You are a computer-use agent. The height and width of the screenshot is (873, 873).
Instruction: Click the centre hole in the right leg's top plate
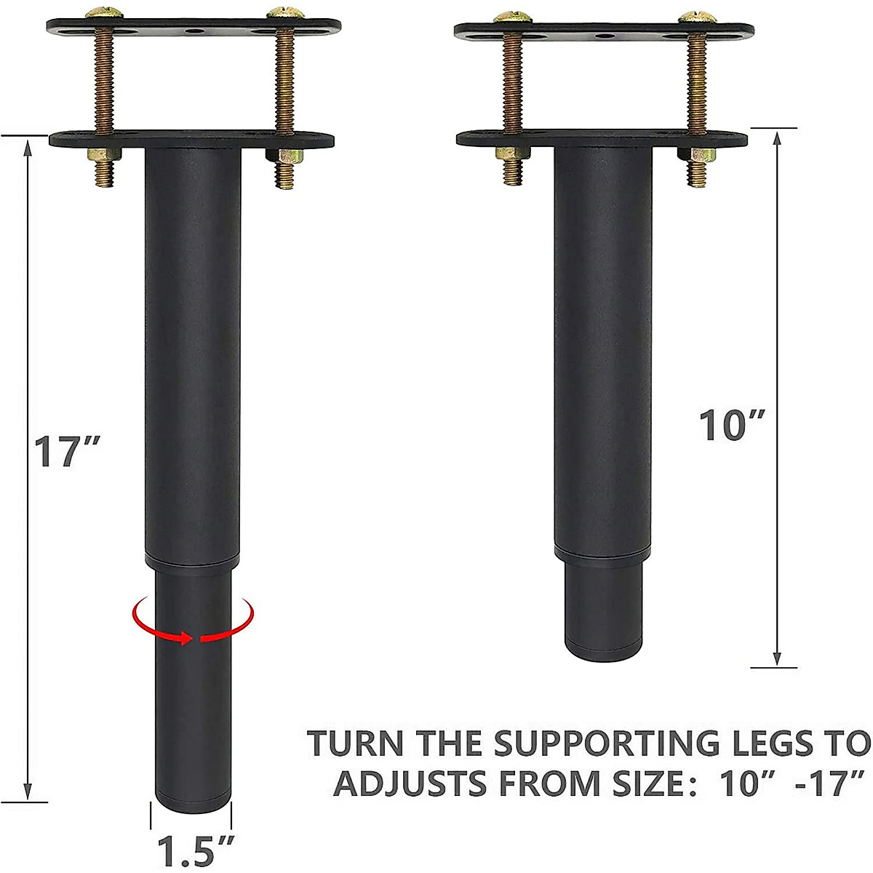602,35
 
